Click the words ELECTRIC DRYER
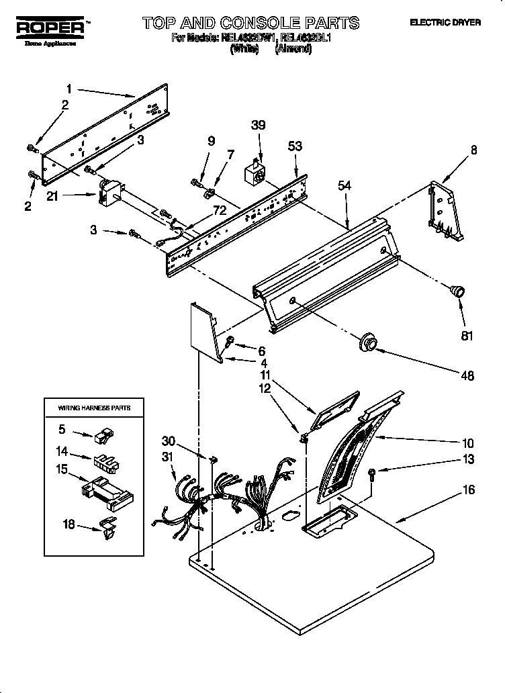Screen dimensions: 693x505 pyautogui.click(x=445, y=22)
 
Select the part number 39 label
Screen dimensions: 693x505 pyautogui.click(x=258, y=125)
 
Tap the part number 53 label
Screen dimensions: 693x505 pyautogui.click(x=295, y=146)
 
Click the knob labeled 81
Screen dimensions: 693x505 pyautogui.click(x=457, y=291)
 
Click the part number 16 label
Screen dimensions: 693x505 pyautogui.click(x=468, y=490)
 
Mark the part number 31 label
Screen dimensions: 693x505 pyautogui.click(x=168, y=457)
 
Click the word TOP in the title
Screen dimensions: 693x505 pyautogui.click(x=163, y=23)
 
